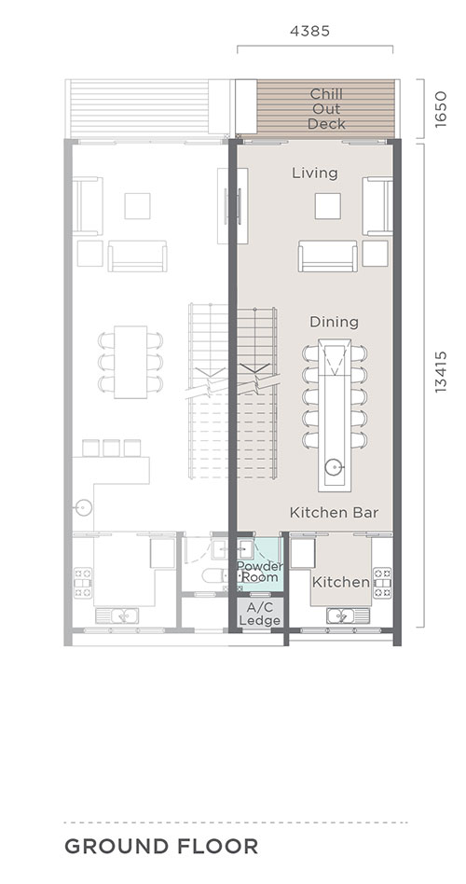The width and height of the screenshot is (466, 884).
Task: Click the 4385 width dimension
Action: click(309, 31)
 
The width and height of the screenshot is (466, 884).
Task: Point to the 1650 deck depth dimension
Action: click(441, 109)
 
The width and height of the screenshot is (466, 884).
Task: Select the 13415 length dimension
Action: click(441, 371)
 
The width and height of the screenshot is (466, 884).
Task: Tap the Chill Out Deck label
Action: click(326, 109)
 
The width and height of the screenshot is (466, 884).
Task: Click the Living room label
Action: click(315, 173)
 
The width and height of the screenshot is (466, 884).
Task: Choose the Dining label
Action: click(335, 322)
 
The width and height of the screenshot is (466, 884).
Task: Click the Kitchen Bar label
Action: click(334, 513)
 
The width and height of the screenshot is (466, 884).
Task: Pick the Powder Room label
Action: click(260, 572)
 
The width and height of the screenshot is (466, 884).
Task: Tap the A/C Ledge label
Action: click(260, 614)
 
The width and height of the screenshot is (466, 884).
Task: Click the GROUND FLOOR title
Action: click(161, 846)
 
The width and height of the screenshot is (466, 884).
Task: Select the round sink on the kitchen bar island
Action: click(334, 467)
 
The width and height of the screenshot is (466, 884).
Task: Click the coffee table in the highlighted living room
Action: click(327, 206)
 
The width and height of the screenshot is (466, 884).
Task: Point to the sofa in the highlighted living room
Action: click(327, 256)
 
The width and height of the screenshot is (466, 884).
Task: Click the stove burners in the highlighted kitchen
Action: click(383, 583)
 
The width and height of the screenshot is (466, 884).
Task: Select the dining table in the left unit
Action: click(130, 362)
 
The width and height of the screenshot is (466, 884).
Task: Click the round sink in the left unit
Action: click(82, 508)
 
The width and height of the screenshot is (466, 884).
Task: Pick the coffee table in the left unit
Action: click(138, 206)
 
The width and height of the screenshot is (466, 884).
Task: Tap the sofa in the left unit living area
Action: click(138, 256)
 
